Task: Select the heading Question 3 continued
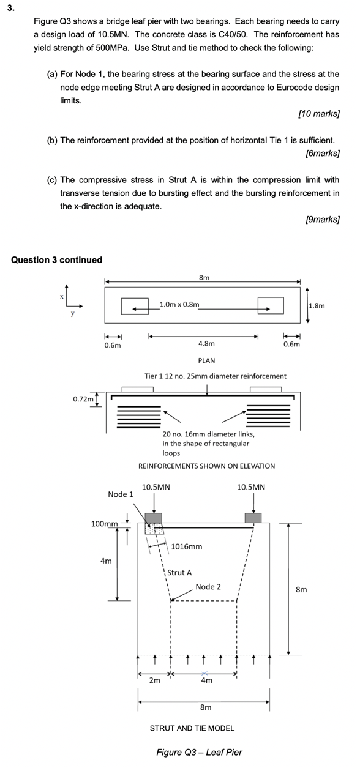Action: click(x=57, y=260)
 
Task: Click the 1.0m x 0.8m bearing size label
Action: click(x=179, y=304)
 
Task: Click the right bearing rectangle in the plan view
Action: click(x=270, y=305)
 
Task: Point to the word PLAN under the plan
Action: click(x=206, y=360)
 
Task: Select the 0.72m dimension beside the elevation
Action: click(x=83, y=399)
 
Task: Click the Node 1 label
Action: click(x=121, y=494)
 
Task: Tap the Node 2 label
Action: click(x=208, y=587)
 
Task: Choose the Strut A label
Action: click(x=179, y=573)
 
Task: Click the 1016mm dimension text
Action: click(x=187, y=546)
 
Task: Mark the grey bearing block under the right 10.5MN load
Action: click(x=253, y=518)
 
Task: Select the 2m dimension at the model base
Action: click(x=155, y=680)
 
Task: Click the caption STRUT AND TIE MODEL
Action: click(x=192, y=728)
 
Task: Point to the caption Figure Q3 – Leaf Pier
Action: click(x=199, y=752)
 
